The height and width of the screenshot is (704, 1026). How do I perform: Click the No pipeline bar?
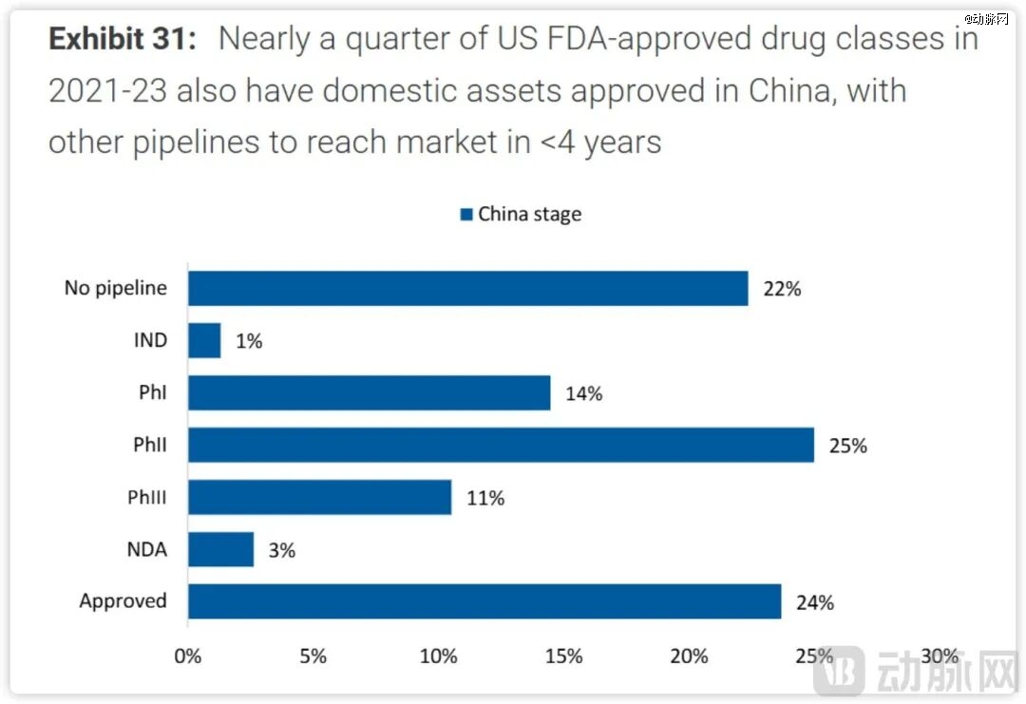point(467,288)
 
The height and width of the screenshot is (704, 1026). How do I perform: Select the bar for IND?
point(204,340)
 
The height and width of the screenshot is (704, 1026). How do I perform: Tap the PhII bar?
point(501,445)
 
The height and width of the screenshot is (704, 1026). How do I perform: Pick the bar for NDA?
point(220,549)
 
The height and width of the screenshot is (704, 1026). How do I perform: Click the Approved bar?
point(484,601)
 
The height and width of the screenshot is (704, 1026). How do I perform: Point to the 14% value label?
point(583,393)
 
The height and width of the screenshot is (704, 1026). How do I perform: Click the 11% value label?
point(484,498)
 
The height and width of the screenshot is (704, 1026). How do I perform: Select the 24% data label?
point(814,602)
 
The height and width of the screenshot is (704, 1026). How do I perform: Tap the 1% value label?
point(249,341)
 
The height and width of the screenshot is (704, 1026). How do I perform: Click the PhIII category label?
point(147,497)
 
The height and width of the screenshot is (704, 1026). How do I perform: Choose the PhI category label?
point(152,392)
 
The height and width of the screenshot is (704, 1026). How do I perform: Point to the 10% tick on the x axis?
point(438,656)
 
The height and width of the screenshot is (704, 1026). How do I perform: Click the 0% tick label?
point(188,656)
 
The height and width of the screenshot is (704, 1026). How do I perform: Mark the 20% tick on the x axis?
point(689,656)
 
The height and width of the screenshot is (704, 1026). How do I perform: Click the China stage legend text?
point(529,214)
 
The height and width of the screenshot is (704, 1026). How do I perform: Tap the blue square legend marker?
point(465,215)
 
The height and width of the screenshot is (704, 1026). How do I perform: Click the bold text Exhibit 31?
point(123,40)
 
